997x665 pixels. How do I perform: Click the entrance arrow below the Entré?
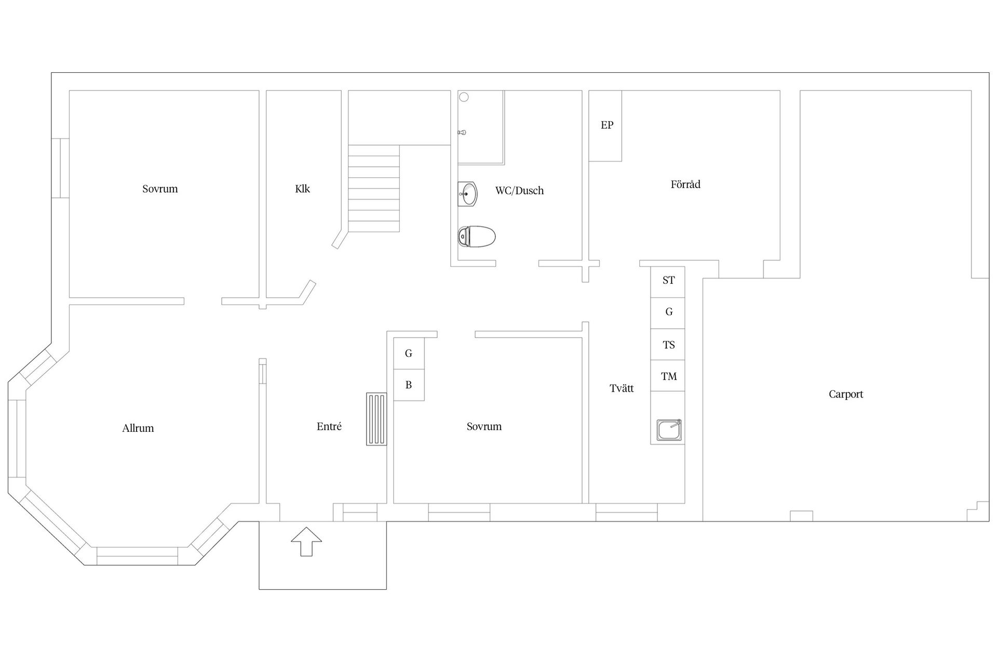coord(306,541)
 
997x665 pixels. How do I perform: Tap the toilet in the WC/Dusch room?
coord(476,237)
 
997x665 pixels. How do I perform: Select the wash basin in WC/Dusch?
coord(467,194)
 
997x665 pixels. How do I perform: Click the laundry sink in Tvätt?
coord(669,430)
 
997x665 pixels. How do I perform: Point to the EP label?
coord(607,125)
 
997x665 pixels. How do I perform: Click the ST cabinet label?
coord(668,281)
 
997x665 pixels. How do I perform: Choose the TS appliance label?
coord(668,345)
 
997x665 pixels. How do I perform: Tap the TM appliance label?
coord(669,376)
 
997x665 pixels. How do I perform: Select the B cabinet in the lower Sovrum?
coord(409,385)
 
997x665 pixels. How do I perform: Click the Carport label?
coord(845,394)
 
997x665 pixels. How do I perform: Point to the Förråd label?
coord(685,184)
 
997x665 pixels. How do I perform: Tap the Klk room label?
coord(302,189)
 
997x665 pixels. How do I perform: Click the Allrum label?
coord(138,429)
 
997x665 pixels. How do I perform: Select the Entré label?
coord(329,427)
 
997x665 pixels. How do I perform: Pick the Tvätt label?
coord(622,388)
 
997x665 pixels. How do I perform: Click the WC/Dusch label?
coord(519,191)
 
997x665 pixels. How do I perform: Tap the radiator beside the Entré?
coord(376,419)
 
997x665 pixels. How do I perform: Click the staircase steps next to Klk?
coord(373,188)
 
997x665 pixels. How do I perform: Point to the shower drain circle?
coord(464,97)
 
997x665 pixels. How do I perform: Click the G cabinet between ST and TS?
coord(668,312)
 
